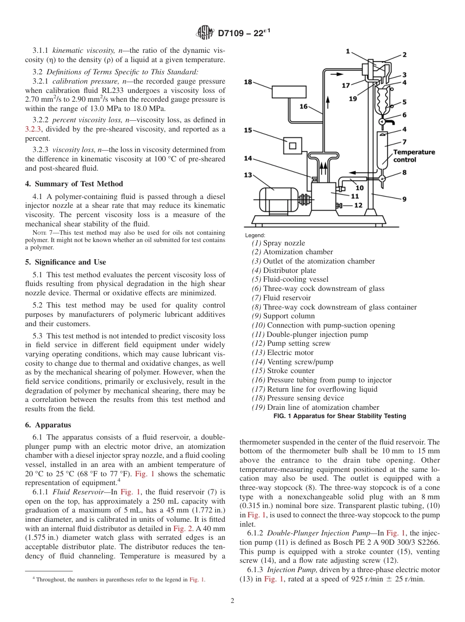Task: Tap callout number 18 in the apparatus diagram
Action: pos(248,82)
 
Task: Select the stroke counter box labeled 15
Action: pos(293,146)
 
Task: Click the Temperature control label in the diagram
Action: pos(414,156)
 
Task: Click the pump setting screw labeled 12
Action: pos(339,205)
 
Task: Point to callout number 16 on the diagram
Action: pos(303,106)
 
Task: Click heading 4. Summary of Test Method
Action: pos(74,184)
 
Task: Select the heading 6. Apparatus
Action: pos(48,425)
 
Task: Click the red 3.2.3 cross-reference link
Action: pos(33,130)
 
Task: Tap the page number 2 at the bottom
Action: pos(232,601)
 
